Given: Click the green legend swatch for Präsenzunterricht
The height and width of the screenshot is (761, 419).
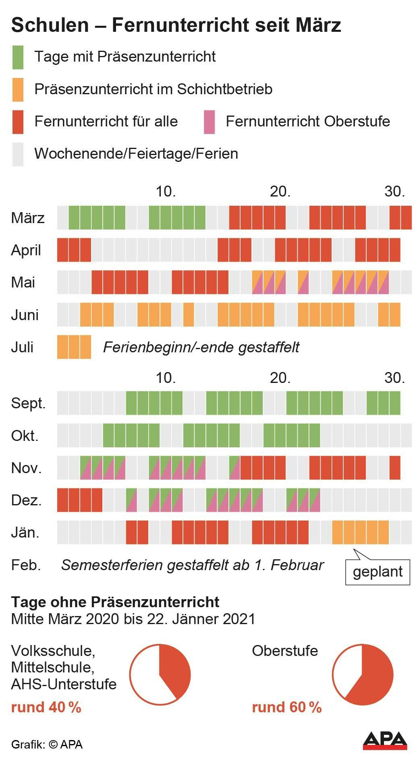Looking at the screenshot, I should point(18,57).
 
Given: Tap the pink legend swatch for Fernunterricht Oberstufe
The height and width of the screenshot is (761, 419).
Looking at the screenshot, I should point(209,122).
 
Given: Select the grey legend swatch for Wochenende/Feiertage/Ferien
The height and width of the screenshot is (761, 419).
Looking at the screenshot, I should point(18,154).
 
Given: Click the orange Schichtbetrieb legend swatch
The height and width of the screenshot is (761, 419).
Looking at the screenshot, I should point(18,89).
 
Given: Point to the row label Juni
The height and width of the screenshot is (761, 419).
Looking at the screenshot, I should point(25,315).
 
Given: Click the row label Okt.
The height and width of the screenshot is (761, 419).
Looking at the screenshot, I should point(25,436).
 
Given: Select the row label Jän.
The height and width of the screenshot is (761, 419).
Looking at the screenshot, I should point(25,533).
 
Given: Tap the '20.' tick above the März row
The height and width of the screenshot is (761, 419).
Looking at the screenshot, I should point(280,192).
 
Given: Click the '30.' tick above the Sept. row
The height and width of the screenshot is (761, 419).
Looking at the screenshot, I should point(394,378).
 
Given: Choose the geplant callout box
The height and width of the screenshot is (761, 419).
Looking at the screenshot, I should point(378,571).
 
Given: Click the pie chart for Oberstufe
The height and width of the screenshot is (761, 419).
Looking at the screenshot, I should point(362,674).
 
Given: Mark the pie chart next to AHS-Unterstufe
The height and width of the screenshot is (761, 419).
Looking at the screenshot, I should point(160,674).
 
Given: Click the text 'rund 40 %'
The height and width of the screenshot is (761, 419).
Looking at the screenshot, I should point(46,707).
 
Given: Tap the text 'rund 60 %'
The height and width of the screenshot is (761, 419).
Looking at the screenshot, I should point(286,707).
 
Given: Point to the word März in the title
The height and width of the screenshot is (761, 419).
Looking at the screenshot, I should point(318,25).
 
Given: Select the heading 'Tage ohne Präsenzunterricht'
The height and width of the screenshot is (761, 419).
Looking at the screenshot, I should point(115,602).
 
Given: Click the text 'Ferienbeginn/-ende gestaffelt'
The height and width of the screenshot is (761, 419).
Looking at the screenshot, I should point(201,347).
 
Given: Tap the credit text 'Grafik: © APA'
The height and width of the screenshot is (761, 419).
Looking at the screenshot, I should point(47,744).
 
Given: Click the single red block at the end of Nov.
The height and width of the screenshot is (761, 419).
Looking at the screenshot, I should point(395,468).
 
